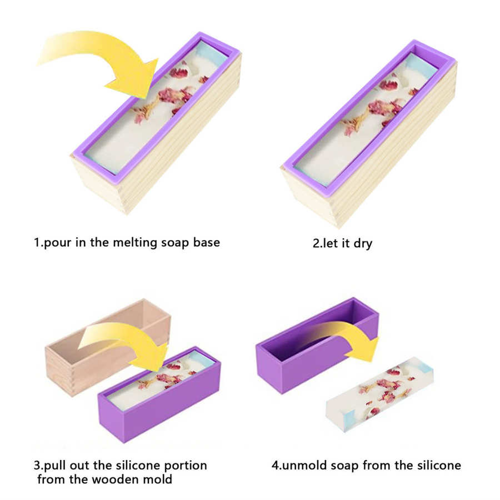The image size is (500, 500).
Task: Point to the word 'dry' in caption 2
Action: pyautogui.click(x=363, y=244)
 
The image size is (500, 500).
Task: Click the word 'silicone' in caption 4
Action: pyautogui.click(x=439, y=465)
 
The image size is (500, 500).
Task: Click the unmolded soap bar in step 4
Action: pyautogui.click(x=379, y=394)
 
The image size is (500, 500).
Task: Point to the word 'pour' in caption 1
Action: pyautogui.click(x=57, y=243)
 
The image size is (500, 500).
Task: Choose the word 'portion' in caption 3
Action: pyautogui.click(x=186, y=466)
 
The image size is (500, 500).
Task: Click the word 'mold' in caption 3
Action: pyautogui.click(x=158, y=479)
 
